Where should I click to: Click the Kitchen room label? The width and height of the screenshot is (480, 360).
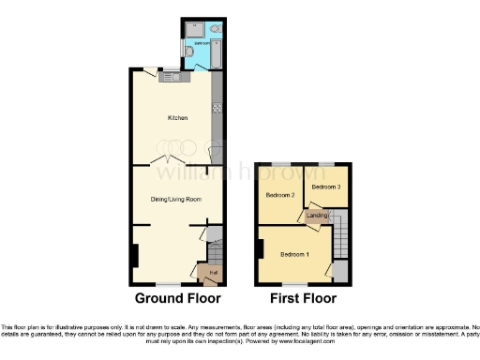click(x=177, y=118)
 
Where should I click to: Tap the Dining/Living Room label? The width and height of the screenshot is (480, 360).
click(x=177, y=199)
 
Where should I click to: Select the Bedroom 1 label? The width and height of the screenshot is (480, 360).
click(x=295, y=254)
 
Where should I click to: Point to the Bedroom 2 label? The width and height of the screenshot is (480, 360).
click(x=280, y=195)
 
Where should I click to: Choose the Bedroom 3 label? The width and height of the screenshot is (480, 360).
click(x=326, y=187)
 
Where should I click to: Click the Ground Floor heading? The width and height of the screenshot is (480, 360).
click(x=178, y=299)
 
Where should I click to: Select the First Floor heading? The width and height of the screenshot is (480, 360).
click(x=302, y=299)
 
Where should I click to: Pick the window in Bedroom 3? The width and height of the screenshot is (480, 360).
click(x=325, y=163)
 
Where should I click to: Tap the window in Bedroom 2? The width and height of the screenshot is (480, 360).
click(x=278, y=163)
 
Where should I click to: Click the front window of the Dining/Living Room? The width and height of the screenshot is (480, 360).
click(x=168, y=284)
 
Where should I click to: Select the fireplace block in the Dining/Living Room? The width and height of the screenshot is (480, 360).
click(x=134, y=254)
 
